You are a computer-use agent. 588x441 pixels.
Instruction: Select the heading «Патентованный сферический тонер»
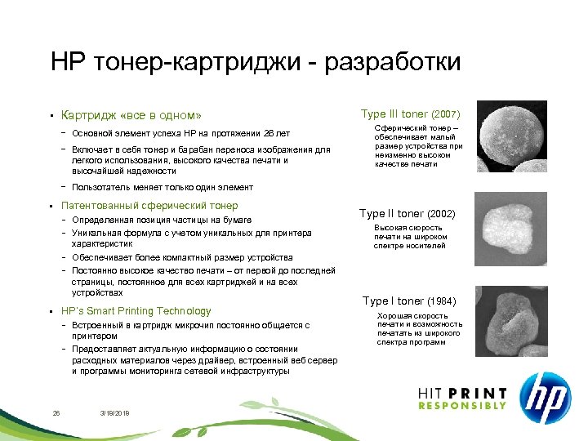[149, 206]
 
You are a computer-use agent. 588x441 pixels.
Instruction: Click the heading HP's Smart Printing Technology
[136, 311]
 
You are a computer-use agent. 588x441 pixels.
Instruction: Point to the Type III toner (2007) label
[411, 114]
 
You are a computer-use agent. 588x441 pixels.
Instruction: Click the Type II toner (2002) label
[408, 214]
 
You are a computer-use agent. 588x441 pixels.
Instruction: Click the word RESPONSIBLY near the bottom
[462, 407]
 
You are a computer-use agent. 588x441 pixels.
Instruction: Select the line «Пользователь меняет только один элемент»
[163, 188]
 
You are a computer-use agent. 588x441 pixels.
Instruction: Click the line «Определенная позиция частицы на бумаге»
[158, 220]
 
